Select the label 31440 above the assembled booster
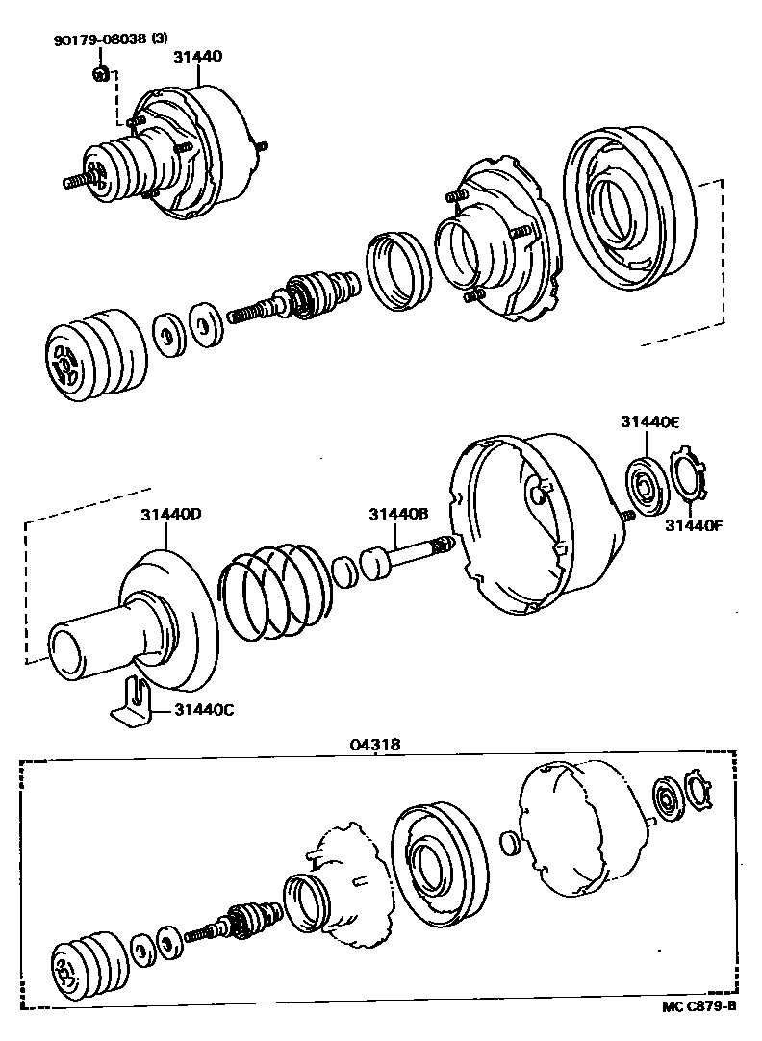[197, 57]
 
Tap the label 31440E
[649, 421]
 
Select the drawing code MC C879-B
[698, 1006]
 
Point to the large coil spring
[274, 592]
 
